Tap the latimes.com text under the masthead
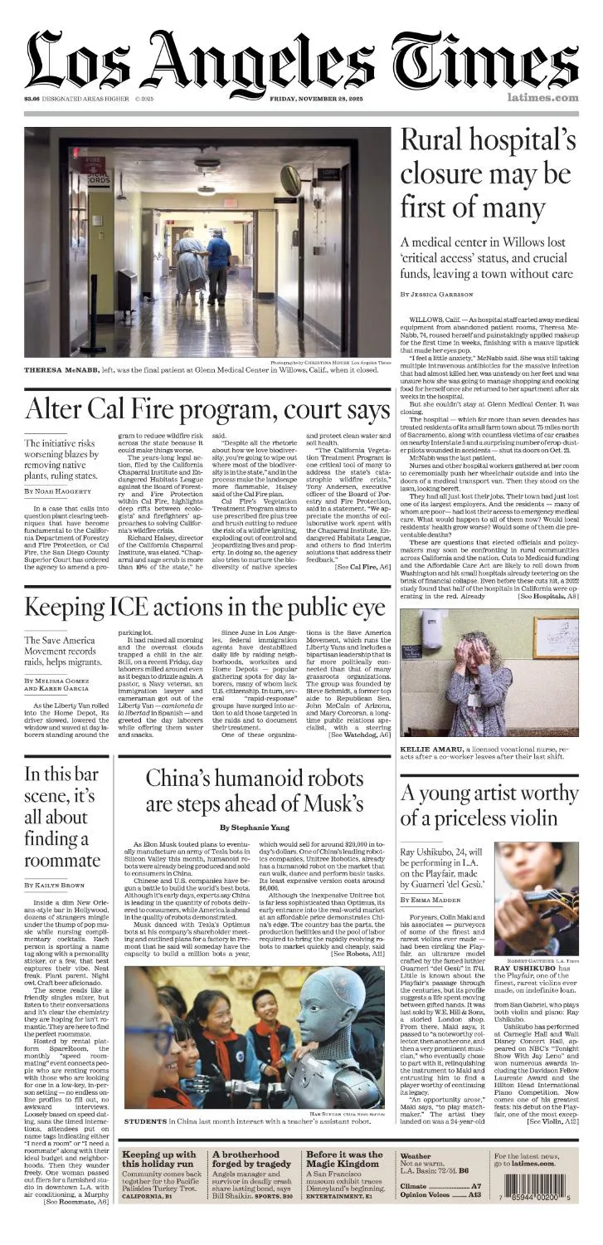542,98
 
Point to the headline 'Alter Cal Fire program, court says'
207,409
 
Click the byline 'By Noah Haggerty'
57,491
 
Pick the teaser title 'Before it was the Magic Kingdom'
344,1160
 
